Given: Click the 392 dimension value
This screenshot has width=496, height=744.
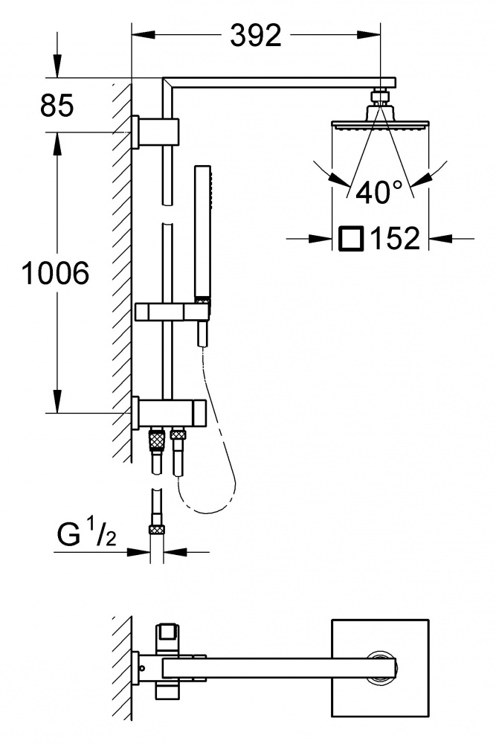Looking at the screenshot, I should click(255, 35).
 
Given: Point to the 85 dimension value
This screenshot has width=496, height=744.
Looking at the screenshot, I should click(57, 106).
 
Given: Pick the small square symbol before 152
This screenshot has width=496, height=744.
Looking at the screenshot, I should click(350, 240).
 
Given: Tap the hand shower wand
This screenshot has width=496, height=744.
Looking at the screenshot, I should click(202, 231).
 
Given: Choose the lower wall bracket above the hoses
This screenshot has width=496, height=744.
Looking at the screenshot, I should click(168, 411).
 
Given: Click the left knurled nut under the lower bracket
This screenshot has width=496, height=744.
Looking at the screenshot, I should click(156, 439).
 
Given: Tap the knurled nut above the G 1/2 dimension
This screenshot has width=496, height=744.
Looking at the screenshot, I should click(156, 530).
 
